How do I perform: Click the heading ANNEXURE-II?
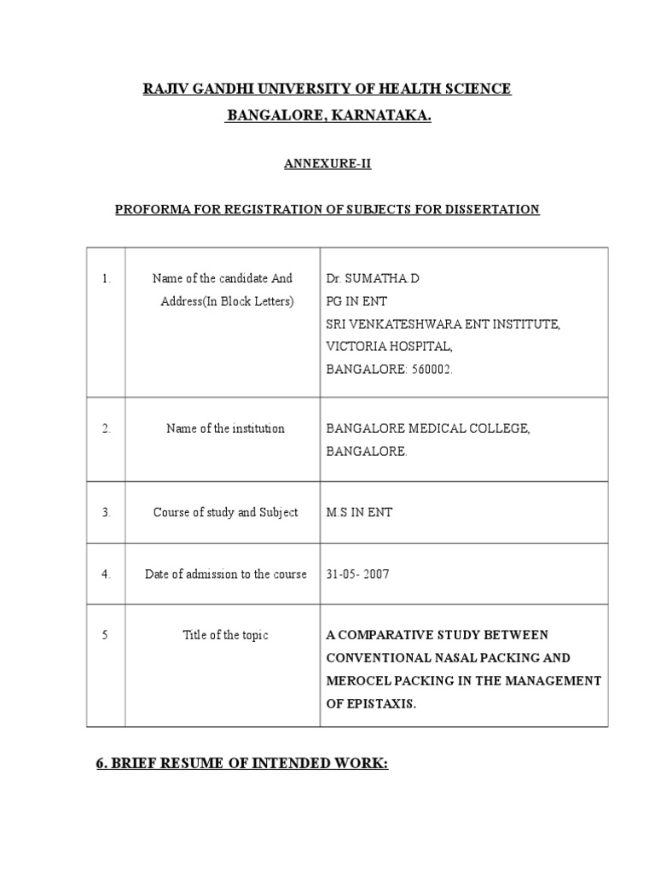tap(327, 166)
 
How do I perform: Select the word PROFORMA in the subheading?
tap(151, 209)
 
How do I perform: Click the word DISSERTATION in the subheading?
tap(495, 209)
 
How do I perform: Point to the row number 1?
tap(106, 278)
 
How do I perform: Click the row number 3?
tap(106, 512)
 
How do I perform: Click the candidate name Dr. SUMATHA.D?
tap(373, 278)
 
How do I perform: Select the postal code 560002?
tap(424, 369)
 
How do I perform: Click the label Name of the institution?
tap(225, 428)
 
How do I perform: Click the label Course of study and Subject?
tap(225, 512)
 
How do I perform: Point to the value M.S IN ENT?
tap(359, 512)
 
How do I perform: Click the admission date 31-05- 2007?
tap(358, 574)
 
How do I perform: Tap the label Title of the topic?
tap(225, 635)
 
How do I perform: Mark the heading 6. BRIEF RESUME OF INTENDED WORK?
tap(241, 765)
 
